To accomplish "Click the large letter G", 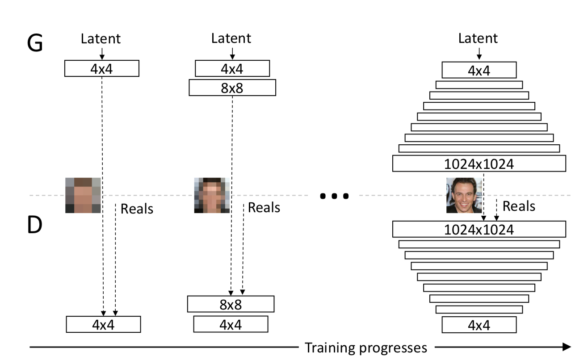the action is (35, 43).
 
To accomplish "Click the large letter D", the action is (35, 225).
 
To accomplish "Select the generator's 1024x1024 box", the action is (479, 163).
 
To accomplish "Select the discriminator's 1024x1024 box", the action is (479, 229).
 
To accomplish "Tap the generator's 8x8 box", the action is (232, 88).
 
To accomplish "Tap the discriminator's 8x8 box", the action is (231, 304).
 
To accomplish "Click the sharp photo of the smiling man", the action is (464, 195).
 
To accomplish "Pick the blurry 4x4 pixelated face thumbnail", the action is (83, 195).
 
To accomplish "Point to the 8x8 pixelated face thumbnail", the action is (212, 195).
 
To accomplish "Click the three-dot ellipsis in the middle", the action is (334, 196).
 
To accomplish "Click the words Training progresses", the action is (366, 347).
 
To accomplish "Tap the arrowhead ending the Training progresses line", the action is (567, 347).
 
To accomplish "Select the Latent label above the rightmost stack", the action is (478, 38).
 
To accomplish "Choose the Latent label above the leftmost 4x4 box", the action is (101, 39).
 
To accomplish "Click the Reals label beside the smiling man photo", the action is (519, 206).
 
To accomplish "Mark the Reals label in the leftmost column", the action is (137, 209).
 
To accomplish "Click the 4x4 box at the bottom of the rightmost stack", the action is (479, 325).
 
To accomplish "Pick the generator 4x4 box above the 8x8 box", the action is (232, 68).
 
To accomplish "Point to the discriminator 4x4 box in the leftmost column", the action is (103, 324).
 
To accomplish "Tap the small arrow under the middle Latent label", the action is (232, 54).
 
